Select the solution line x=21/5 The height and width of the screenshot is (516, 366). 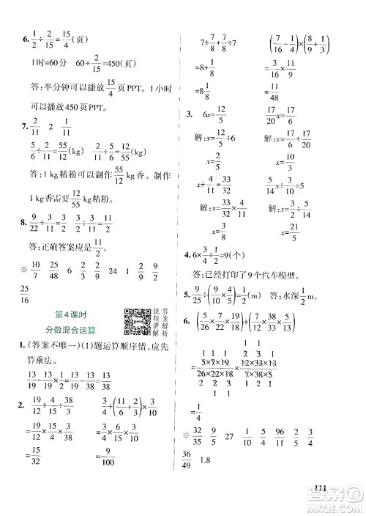291,233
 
